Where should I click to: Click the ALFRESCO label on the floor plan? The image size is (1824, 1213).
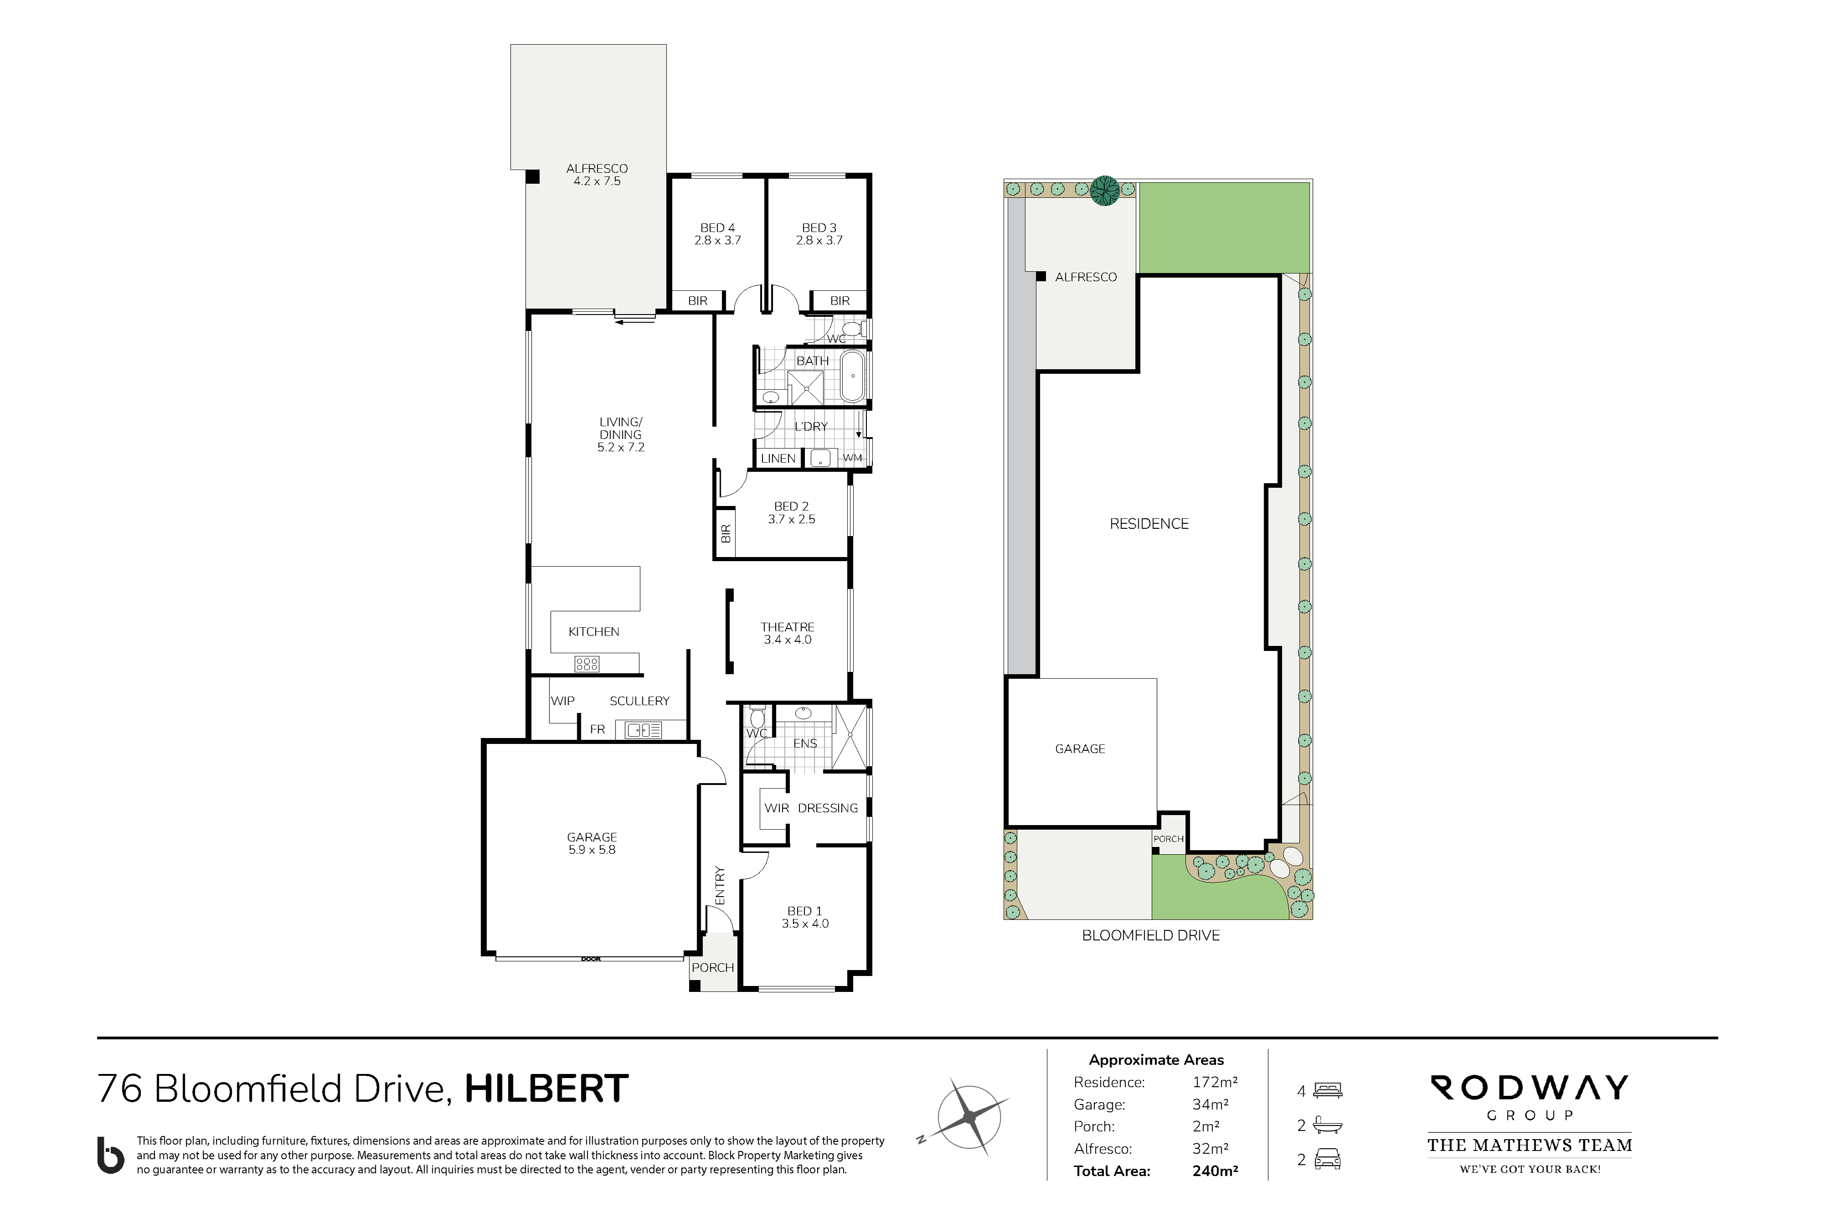pos(596,169)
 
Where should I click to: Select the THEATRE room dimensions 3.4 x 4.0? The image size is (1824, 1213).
pos(788,640)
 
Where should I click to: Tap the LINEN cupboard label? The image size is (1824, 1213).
pos(778,459)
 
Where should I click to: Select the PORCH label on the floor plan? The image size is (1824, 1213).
pos(713,968)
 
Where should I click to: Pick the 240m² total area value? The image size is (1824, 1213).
pos(1215,1171)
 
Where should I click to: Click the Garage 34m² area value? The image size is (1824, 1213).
pos(1210,1105)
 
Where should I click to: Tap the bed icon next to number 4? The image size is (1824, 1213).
pos(1327,1091)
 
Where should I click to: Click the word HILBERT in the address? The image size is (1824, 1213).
pos(546,1089)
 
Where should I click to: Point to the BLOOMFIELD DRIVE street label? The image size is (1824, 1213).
pos(1151,935)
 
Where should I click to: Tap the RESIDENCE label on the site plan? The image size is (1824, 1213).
pos(1149,524)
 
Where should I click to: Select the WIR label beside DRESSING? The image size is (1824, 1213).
pos(777,808)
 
